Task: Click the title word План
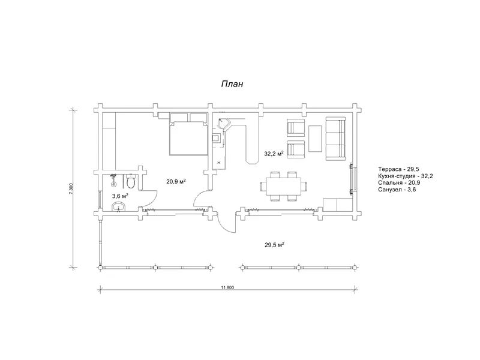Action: (232, 84)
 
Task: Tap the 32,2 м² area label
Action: (274, 154)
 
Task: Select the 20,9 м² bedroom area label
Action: (176, 182)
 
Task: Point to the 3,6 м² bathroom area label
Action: (120, 196)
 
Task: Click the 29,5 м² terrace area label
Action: (275, 244)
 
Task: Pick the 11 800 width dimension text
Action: (227, 287)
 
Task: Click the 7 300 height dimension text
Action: (71, 188)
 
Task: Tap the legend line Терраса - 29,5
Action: (398, 169)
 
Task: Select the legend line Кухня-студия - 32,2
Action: (406, 176)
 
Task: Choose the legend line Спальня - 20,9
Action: (399, 183)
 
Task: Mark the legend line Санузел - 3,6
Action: (397, 190)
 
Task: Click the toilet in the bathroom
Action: (131, 181)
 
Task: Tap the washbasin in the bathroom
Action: (118, 207)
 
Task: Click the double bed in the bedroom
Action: (188, 138)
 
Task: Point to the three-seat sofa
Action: (335, 139)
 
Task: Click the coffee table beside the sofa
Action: (315, 139)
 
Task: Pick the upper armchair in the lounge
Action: (296, 128)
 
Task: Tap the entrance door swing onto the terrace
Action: (227, 223)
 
